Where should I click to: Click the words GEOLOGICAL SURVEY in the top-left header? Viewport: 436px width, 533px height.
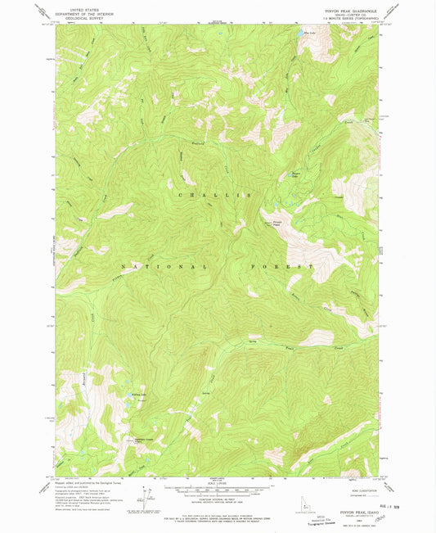click(x=81, y=16)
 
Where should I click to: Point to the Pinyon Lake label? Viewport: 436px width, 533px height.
click(x=297, y=174)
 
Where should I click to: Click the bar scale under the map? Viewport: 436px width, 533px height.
click(x=218, y=489)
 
